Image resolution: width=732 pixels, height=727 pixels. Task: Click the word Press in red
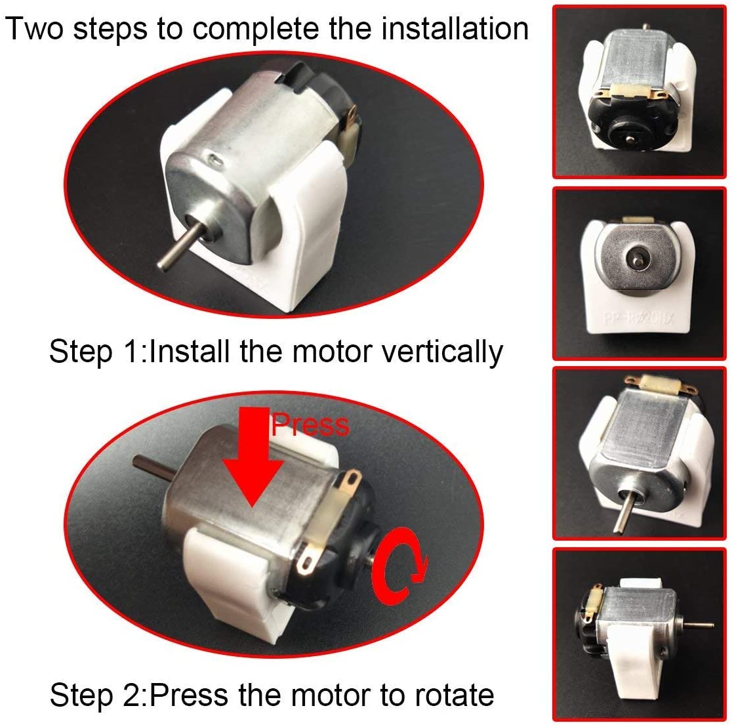(x=310, y=425)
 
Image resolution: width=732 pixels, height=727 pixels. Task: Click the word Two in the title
(x=34, y=29)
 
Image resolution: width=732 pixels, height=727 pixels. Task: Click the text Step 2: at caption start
(x=98, y=694)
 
